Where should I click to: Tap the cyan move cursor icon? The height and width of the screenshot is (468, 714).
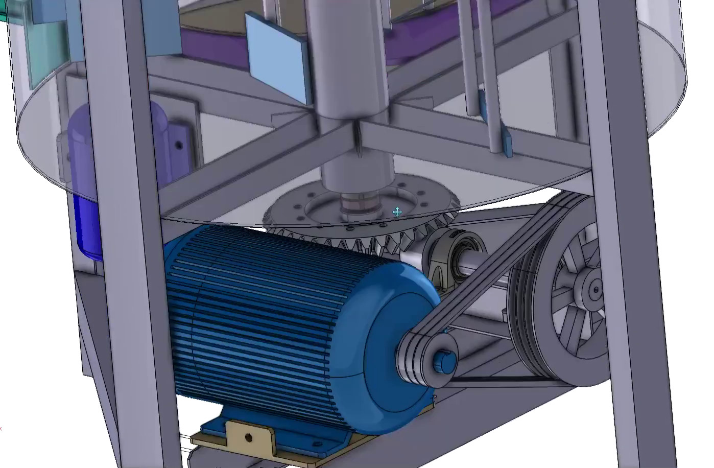coord(397,212)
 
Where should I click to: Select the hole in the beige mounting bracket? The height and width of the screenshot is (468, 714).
coord(249,437)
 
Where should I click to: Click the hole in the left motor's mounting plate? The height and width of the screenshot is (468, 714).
coord(178,146)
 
